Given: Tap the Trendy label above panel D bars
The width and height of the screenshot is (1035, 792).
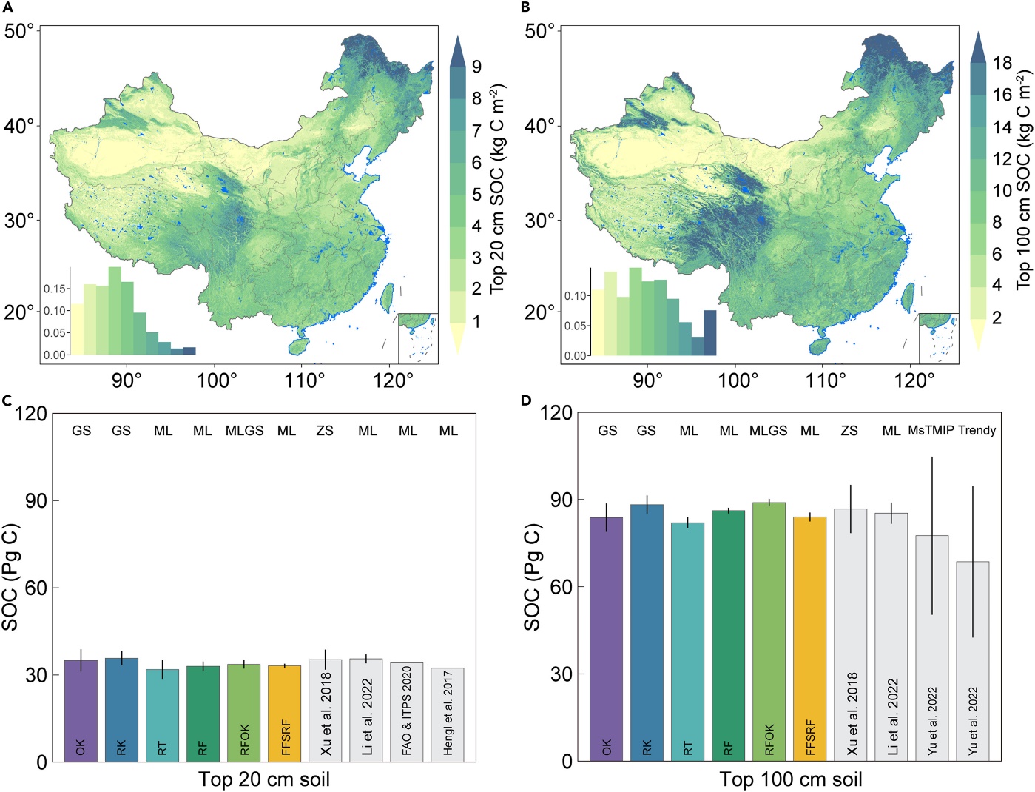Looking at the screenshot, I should [x=977, y=430].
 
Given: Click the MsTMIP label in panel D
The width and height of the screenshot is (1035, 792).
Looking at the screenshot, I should [x=931, y=430].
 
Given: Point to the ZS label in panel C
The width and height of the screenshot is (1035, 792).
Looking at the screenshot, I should [x=325, y=431].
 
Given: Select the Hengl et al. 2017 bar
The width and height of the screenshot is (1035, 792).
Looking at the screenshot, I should [x=448, y=715].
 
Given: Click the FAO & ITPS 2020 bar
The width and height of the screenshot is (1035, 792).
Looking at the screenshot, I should [x=407, y=712].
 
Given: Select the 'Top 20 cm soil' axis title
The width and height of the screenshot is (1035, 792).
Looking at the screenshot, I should [x=264, y=779].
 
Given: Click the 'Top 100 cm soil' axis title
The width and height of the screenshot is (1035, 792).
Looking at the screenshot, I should [x=791, y=779].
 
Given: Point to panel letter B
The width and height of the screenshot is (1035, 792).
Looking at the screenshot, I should [x=526, y=7].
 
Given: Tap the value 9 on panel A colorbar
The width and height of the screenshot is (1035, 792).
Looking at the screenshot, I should [x=477, y=67].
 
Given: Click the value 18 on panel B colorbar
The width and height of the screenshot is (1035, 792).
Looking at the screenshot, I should [x=1002, y=63].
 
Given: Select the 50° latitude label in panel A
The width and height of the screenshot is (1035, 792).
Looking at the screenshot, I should [x=20, y=31].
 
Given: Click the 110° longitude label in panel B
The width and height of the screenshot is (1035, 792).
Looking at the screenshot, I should [x=826, y=380].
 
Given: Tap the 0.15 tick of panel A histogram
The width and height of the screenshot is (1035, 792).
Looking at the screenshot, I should [x=54, y=289].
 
